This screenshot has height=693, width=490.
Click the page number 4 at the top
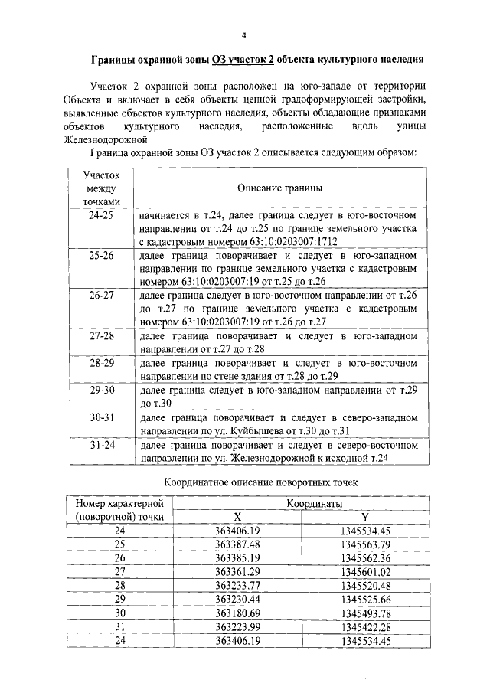244,35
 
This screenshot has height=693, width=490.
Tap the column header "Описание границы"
279,188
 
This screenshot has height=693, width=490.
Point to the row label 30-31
100,419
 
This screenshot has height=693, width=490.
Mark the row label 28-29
100,363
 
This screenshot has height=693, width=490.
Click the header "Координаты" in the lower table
315,503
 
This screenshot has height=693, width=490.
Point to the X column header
237,516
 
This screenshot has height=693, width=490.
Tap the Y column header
364,516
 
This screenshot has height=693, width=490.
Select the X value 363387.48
238,544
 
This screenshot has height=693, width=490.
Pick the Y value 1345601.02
365,571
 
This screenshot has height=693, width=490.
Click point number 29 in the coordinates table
119,599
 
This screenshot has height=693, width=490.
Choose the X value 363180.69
238,613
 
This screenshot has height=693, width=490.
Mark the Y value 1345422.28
365,626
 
